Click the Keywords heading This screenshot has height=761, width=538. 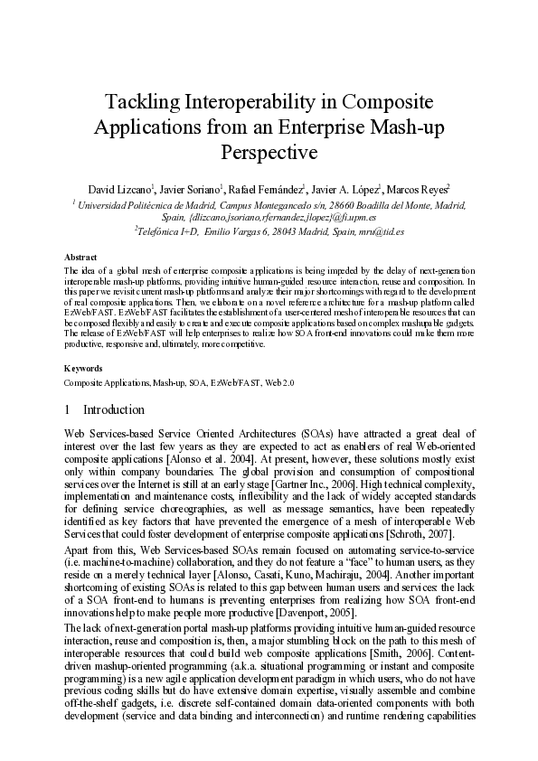(x=83, y=369)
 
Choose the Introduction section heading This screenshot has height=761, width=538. (x=114, y=409)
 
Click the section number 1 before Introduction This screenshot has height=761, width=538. (x=68, y=409)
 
